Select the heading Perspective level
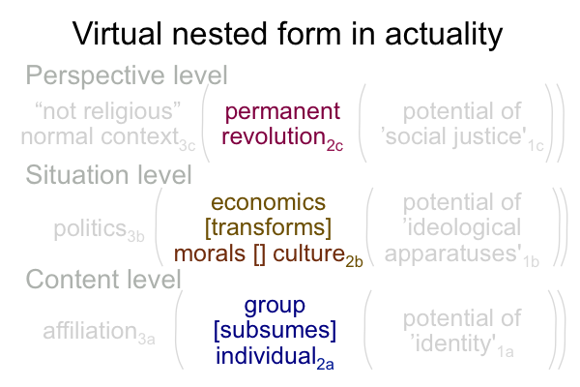[127, 75]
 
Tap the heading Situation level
[108, 174]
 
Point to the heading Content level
[103, 279]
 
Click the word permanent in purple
[282, 112]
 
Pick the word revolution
[274, 135]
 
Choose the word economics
[268, 203]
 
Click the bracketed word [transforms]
[268, 227]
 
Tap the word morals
[210, 253]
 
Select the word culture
[309, 253]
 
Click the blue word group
[275, 307]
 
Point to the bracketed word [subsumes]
[275, 330]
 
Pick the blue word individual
[265, 356]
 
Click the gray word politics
[90, 229]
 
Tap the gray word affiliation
[90, 330]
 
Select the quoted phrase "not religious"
[107, 111]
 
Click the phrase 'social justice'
[454, 136]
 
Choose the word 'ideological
[462, 227]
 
